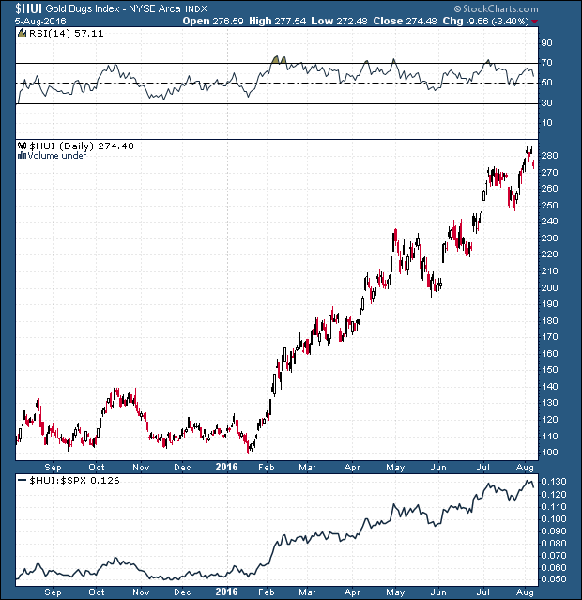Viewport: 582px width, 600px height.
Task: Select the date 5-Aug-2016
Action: (x=27, y=20)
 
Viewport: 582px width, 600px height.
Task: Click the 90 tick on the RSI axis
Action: (x=546, y=43)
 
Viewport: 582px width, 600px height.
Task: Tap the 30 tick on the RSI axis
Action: (x=546, y=103)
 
